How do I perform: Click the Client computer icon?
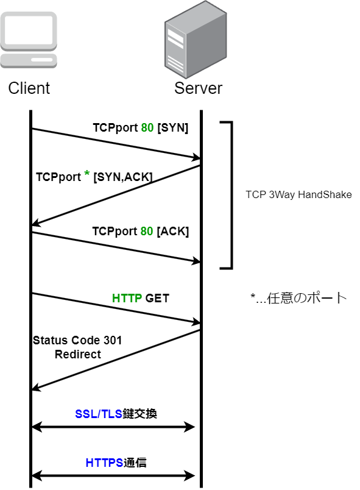(29, 40)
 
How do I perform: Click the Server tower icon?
(196, 40)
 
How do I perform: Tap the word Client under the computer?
(29, 88)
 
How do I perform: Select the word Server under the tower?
(198, 88)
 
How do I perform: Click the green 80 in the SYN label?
(147, 128)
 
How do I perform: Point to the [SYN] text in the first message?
(172, 128)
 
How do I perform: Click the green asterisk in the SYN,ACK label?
(86, 174)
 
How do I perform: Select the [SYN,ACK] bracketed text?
(123, 177)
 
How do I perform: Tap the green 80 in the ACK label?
(147, 231)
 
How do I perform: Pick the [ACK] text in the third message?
(172, 231)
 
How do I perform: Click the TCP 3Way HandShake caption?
(298, 194)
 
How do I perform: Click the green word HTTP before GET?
(127, 298)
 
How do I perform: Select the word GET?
(157, 298)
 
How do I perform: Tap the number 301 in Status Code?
(113, 340)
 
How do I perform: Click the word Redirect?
(78, 354)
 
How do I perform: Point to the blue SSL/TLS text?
(98, 414)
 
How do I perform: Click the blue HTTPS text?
(104, 463)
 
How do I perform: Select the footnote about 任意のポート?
(299, 298)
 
